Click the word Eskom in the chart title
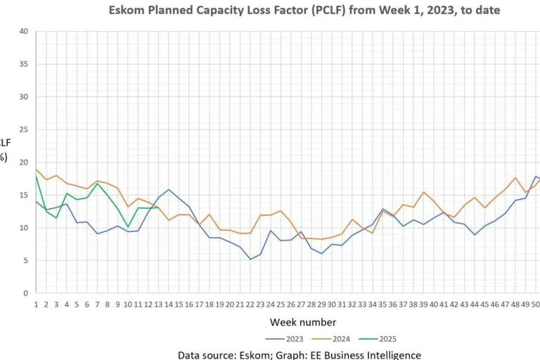pos(127,11)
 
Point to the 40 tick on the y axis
pos(23,32)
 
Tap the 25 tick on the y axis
pos(23,129)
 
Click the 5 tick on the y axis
pos(25,260)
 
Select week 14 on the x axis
pos(169,304)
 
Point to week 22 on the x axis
pos(250,304)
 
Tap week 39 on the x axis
pos(424,304)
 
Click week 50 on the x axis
pos(536,304)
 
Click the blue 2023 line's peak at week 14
pos(169,190)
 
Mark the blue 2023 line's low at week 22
pos(250,259)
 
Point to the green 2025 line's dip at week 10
pos(128,226)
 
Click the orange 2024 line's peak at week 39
pos(424,192)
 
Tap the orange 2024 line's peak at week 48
pos(515,178)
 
